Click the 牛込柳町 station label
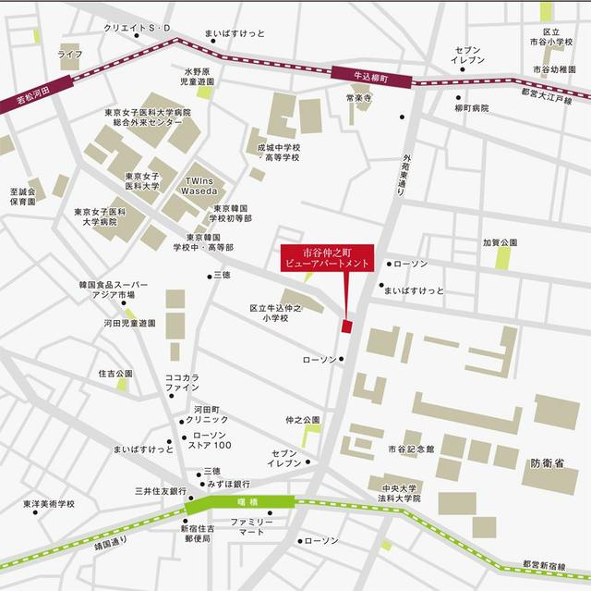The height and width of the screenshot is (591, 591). click(x=368, y=79)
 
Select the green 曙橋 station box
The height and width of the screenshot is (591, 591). click(x=240, y=503)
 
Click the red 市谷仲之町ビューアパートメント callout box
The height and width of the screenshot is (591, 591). click(x=327, y=257)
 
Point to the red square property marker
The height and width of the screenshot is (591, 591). click(x=347, y=326)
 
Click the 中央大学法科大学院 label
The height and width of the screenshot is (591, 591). click(x=400, y=492)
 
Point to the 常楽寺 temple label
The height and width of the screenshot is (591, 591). click(x=357, y=97)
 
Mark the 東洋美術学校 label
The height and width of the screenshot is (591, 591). click(x=49, y=504)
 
